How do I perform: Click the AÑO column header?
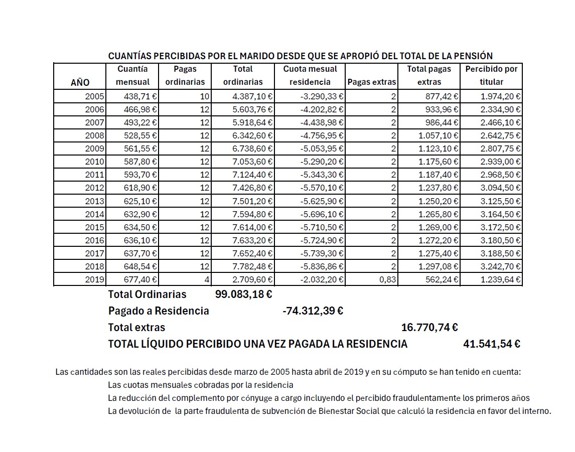[80, 82]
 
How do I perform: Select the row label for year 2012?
[94, 188]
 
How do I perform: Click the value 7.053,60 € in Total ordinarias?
[253, 162]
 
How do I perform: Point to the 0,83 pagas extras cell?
[388, 279]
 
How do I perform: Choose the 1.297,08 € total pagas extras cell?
[439, 266]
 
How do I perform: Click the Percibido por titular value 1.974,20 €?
[500, 96]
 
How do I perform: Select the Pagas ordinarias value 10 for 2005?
[204, 96]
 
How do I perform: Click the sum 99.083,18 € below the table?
[243, 294]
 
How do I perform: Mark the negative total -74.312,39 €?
[313, 311]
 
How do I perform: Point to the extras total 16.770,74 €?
[429, 328]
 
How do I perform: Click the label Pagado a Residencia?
[159, 311]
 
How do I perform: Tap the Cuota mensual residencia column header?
[310, 75]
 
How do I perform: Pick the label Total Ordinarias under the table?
[147, 294]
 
